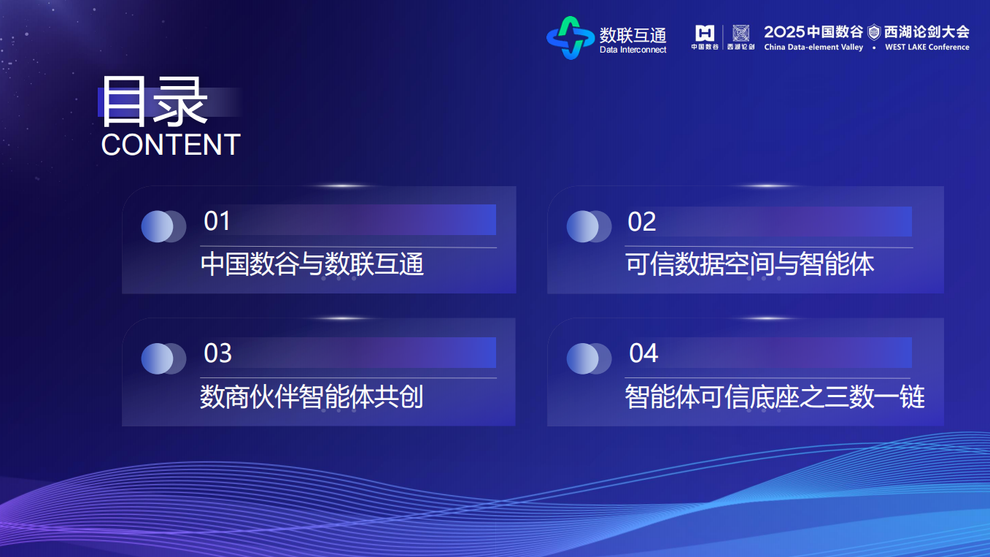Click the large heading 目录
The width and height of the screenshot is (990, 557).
[x=154, y=102]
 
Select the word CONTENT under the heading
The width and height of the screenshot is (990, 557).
[x=171, y=145]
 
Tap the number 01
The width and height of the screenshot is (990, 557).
[x=217, y=220]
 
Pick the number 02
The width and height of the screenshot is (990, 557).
[x=642, y=222]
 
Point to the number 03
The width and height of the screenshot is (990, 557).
[x=217, y=353]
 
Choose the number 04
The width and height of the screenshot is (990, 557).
[x=643, y=353]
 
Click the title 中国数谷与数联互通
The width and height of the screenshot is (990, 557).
[x=312, y=264]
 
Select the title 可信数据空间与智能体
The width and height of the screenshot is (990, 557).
[x=750, y=264]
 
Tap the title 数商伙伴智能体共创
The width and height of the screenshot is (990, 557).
[x=312, y=397]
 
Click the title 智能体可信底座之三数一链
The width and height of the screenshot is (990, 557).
[x=775, y=397]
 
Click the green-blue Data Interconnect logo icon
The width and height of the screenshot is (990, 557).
[x=571, y=37]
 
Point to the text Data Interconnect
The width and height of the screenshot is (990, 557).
[x=633, y=50]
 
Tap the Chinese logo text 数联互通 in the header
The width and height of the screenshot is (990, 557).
[x=633, y=34]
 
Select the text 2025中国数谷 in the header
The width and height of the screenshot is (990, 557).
[x=813, y=32]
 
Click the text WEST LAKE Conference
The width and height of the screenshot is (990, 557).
[x=927, y=47]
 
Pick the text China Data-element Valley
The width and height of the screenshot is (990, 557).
[x=813, y=47]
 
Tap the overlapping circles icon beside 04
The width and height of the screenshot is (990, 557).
[x=589, y=358]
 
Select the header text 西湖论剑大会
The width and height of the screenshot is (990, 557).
[x=927, y=32]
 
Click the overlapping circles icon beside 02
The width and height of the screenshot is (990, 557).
[x=589, y=226]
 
